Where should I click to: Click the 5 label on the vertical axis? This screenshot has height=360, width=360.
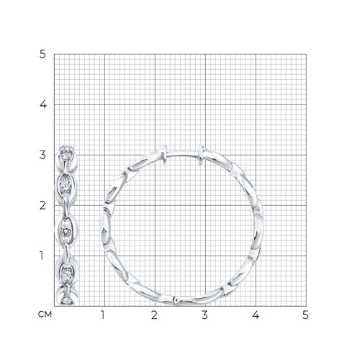coord(42,55)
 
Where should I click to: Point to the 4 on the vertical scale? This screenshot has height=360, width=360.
coord(43,104)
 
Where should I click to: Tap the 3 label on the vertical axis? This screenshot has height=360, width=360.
coord(42,155)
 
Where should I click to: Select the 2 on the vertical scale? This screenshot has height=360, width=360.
coord(42,205)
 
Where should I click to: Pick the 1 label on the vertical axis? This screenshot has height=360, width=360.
coord(42,256)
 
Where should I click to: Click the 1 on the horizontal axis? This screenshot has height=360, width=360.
coord(103,315)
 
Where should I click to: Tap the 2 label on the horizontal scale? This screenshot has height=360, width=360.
coord(154,315)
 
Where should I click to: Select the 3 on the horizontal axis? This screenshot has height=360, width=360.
coord(204,315)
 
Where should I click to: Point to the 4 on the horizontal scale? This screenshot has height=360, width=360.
coord(256,315)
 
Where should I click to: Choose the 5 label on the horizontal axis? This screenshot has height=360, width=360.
coord(305,315)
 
